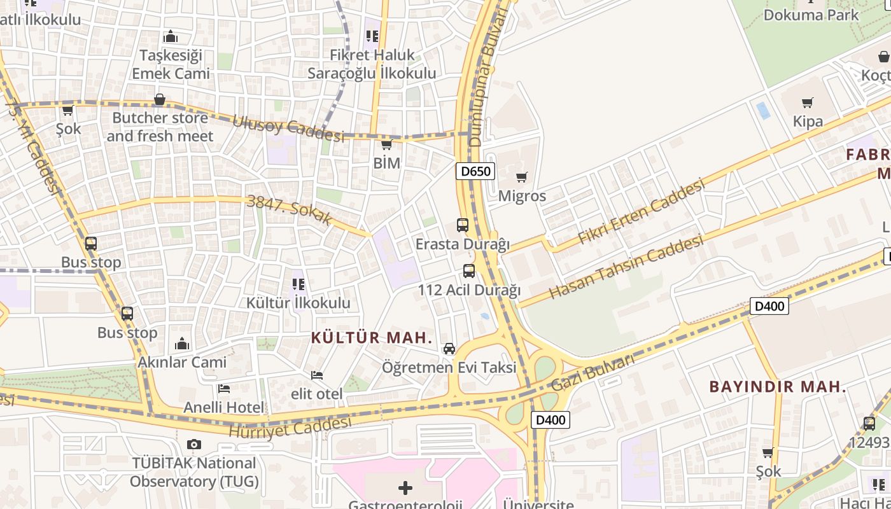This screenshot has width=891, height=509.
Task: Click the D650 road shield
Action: pyautogui.click(x=475, y=171)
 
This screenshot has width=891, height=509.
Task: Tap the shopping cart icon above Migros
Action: pyautogui.click(x=522, y=178)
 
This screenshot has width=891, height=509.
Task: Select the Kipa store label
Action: pyautogui.click(x=808, y=121)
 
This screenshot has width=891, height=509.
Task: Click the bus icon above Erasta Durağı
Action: pyautogui.click(x=463, y=225)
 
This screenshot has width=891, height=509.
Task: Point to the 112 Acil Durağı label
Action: pyautogui.click(x=469, y=290)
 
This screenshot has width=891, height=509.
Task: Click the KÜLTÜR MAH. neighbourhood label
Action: pyautogui.click(x=372, y=337)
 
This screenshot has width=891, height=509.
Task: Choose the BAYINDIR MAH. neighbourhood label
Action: pyautogui.click(x=778, y=386)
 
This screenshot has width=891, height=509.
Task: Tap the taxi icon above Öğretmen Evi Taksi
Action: pyautogui.click(x=449, y=349)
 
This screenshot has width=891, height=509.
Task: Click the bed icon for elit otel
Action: pyautogui.click(x=317, y=375)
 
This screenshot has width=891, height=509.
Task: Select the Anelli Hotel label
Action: pyautogui.click(x=224, y=407)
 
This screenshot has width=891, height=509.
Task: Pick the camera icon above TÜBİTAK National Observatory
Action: pyautogui.click(x=194, y=444)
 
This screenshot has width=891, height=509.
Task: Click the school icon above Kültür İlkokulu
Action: pyautogui.click(x=298, y=284)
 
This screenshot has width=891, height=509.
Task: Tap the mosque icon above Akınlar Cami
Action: pyautogui.click(x=182, y=344)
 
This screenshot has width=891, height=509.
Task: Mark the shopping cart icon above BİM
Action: pyautogui.click(x=386, y=144)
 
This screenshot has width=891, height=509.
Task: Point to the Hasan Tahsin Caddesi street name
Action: pyautogui.click(x=626, y=267)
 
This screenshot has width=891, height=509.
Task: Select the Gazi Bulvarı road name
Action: pyautogui.click(x=593, y=373)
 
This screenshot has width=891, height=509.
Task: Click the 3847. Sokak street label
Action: pyautogui.click(x=290, y=209)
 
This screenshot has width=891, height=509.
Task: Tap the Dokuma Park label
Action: pyautogui.click(x=811, y=15)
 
